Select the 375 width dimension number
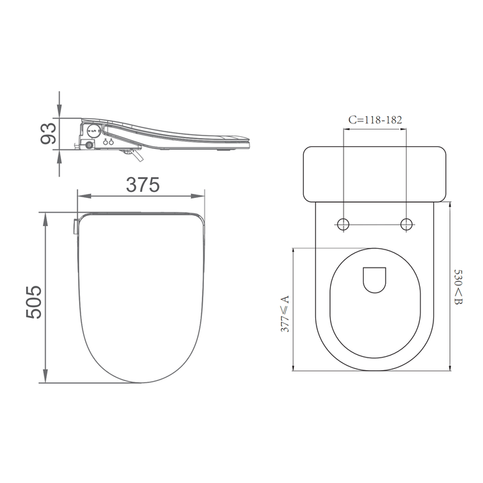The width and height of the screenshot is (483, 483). [x=141, y=184]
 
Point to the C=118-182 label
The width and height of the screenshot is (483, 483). [x=375, y=119]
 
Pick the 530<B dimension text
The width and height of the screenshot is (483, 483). [x=458, y=287]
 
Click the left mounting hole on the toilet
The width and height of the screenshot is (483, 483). [x=343, y=225]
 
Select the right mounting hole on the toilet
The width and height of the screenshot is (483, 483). [x=407, y=225]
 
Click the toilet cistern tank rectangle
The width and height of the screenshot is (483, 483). [x=375, y=173]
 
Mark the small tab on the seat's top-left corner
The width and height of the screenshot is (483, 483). [x=74, y=226]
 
